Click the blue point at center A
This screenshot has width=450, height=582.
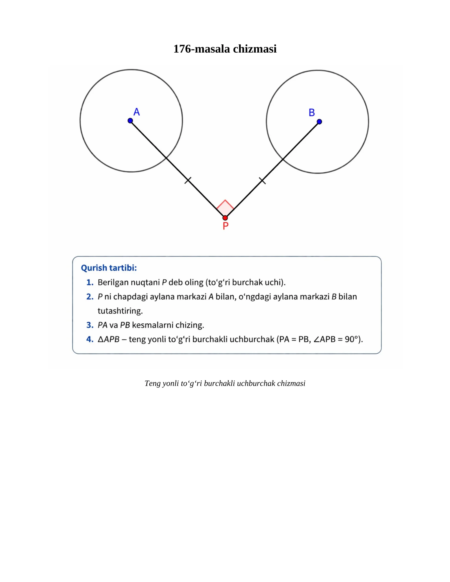[130, 121]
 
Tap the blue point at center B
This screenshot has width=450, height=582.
[319, 122]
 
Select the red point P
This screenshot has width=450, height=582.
[225, 218]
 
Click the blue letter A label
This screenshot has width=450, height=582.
[137, 112]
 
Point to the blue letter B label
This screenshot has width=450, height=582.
[312, 113]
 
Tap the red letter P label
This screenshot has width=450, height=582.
[226, 226]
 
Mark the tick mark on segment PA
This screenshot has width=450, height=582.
[188, 180]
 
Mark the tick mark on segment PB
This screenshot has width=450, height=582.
[262, 181]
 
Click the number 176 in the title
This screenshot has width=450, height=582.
[182, 49]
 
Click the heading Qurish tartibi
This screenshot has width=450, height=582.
[109, 268]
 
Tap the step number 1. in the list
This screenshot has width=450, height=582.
[90, 282]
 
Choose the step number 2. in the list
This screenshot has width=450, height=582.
[90, 297]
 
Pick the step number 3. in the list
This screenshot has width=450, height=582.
[90, 325]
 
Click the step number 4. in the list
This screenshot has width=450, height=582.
[90, 339]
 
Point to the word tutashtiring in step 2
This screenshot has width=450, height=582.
[120, 311]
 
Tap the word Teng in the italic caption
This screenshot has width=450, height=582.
[152, 384]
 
